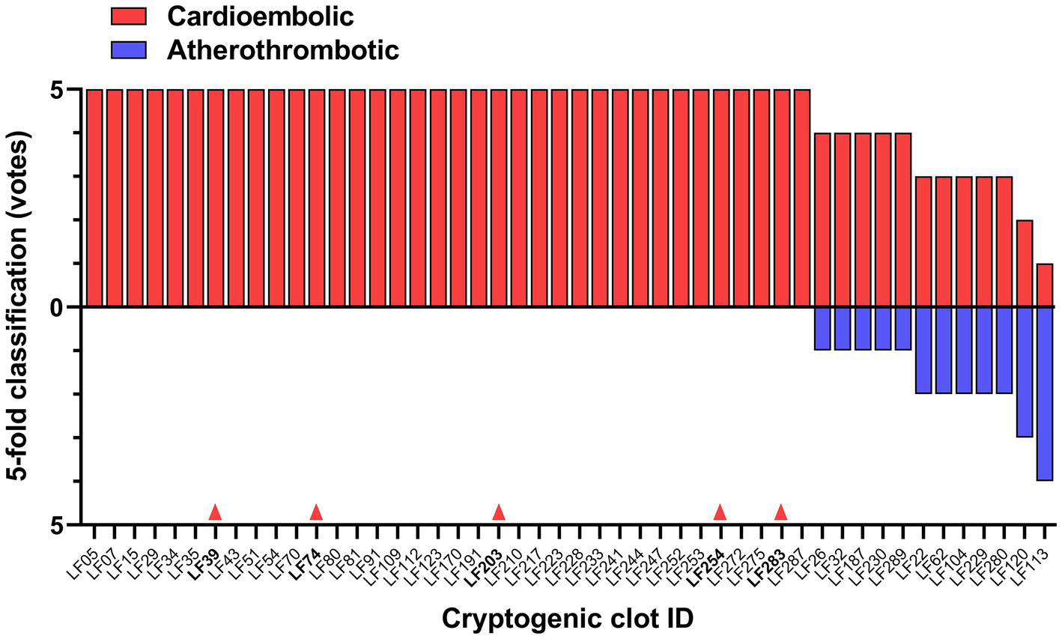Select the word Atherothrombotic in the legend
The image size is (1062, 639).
[x=283, y=49]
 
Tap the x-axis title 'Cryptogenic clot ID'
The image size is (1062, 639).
[x=567, y=619]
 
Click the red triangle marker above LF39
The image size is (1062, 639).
[x=215, y=512]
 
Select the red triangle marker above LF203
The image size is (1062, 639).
[x=499, y=512]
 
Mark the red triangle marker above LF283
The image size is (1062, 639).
[x=781, y=512]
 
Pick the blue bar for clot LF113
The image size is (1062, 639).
[x=1045, y=393]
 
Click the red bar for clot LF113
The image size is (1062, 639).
[x=1045, y=285]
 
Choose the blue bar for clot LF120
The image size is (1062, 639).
[x=1025, y=372]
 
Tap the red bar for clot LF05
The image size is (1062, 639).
[x=94, y=198]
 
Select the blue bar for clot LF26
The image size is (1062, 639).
[x=822, y=328]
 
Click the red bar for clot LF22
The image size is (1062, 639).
[x=923, y=242]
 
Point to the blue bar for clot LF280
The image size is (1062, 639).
[x=1004, y=350]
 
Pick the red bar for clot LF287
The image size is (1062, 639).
[x=802, y=198]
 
